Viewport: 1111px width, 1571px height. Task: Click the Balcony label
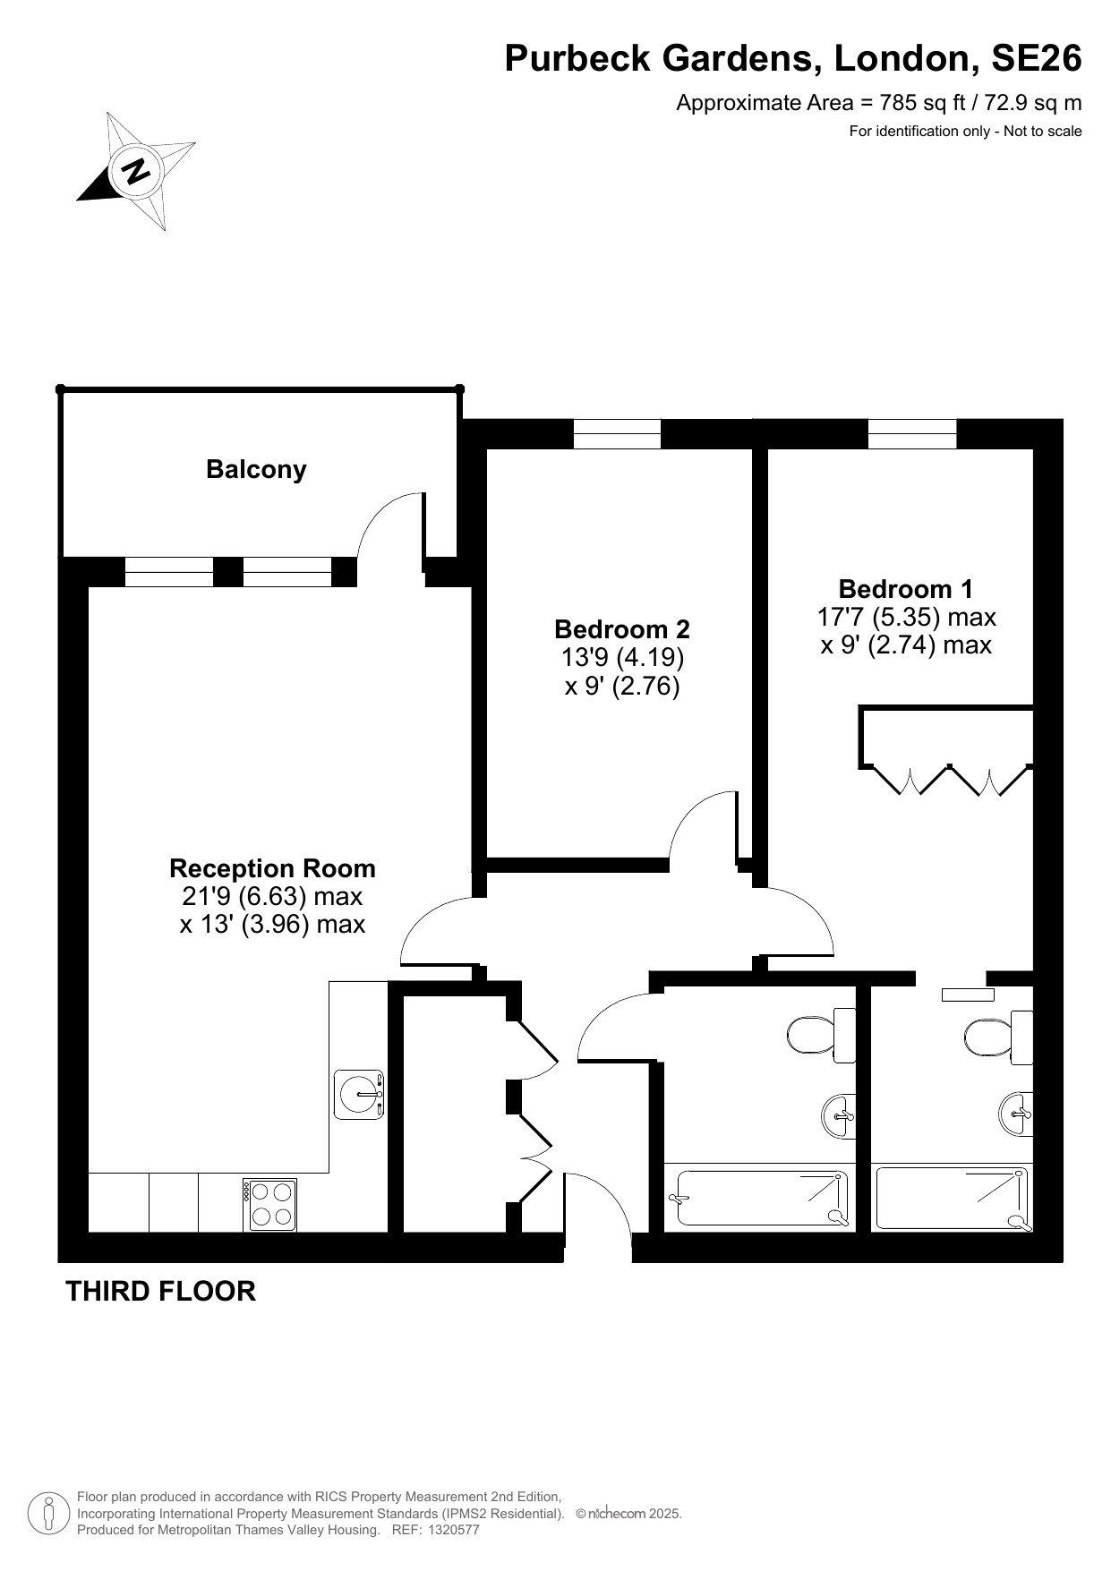[x=256, y=469]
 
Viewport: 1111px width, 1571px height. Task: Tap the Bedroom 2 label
[x=622, y=628]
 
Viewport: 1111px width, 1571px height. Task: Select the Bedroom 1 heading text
[x=905, y=589]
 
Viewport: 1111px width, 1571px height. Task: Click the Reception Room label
[x=272, y=868]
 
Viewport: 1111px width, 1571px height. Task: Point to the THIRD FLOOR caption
[x=161, y=1291]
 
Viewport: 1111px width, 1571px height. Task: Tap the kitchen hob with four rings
[x=269, y=1205]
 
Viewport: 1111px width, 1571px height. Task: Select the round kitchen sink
[x=360, y=1094]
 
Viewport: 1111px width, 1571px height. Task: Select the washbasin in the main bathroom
[x=838, y=1115]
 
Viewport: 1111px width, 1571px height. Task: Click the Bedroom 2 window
[x=617, y=434]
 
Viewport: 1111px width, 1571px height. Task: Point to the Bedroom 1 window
[x=911, y=434]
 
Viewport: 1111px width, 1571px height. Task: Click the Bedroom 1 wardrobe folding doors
[x=949, y=780]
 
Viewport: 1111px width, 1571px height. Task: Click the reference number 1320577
[x=455, y=1530]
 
